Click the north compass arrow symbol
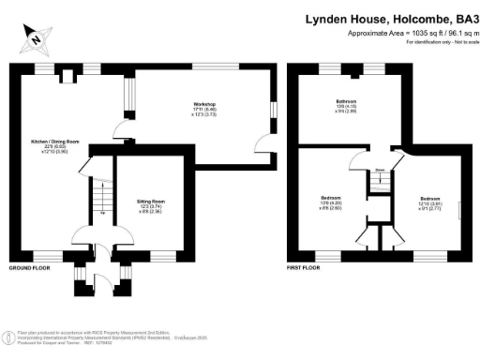35,39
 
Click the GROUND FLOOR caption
29,268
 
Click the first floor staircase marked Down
380,180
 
